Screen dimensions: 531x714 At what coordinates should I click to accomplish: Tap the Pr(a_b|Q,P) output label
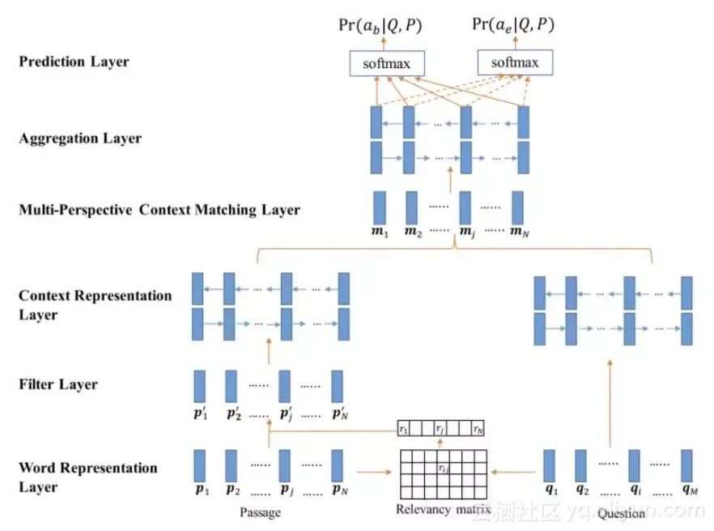pyautogui.click(x=380, y=25)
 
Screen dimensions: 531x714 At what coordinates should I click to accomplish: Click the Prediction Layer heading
pyautogui.click(x=74, y=62)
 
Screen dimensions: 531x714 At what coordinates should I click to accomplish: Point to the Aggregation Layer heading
pyautogui.click(x=80, y=139)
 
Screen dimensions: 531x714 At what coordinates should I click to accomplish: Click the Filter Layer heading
pyautogui.click(x=57, y=384)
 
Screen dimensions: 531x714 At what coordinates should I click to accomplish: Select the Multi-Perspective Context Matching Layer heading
pyautogui.click(x=159, y=211)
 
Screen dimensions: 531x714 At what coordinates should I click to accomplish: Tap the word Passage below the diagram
pyautogui.click(x=259, y=512)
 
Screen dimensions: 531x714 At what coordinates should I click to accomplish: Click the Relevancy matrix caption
pyautogui.click(x=444, y=510)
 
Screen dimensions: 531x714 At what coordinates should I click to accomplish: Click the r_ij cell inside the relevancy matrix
pyautogui.click(x=442, y=468)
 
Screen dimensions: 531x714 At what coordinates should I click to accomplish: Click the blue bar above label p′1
pyautogui.click(x=199, y=387)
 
